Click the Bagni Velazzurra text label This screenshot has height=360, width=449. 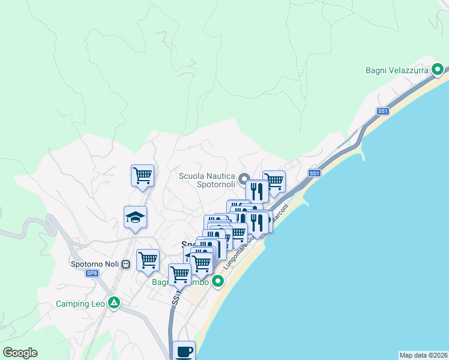397,70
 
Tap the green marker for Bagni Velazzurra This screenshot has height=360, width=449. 439,70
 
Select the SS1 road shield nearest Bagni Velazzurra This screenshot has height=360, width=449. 383,111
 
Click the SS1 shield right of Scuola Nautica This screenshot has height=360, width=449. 314,173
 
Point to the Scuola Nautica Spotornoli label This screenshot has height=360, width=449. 207,180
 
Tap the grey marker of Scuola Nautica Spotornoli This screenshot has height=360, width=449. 244,179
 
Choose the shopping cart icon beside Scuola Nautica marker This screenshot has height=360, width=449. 274,180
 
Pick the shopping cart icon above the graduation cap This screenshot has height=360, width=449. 142,175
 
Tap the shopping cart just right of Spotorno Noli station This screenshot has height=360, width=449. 148,259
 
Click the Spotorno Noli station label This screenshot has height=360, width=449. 94,264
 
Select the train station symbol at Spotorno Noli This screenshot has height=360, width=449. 125,264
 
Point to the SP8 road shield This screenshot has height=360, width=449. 92,274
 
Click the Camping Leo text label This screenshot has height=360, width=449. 80,304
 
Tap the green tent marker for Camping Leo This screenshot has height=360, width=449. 113,303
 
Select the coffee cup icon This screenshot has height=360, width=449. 184,352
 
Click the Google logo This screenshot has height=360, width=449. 20,353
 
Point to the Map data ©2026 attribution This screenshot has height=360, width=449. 423,355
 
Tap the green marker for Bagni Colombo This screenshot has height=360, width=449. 218,281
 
